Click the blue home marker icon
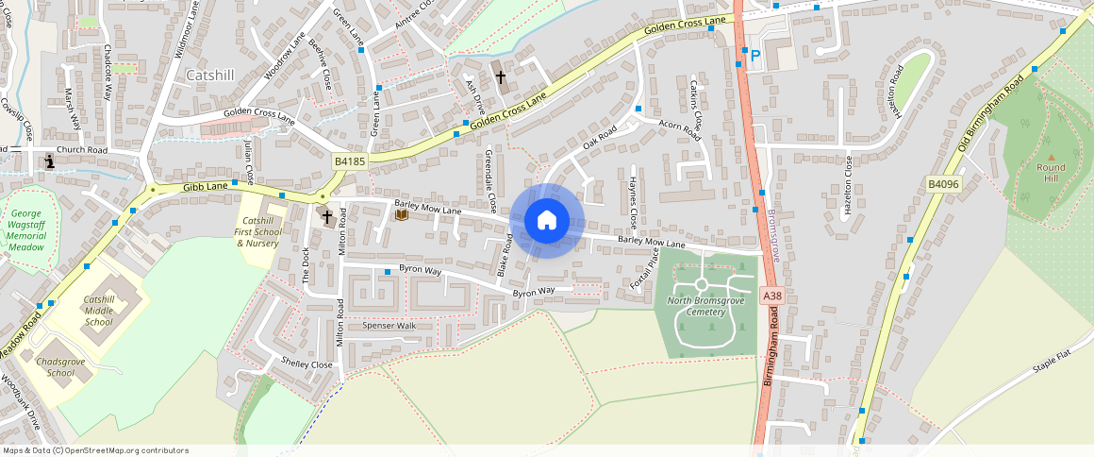(x=547, y=221)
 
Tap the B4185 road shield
(x=349, y=162)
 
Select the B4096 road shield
(x=942, y=184)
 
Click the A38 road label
(x=772, y=296)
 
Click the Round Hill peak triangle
(x=1051, y=156)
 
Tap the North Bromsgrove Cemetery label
(x=705, y=306)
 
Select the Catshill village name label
(x=211, y=75)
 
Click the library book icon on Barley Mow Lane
(x=402, y=215)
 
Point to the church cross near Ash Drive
(x=501, y=76)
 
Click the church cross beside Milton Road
(x=327, y=217)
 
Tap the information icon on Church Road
(x=50, y=162)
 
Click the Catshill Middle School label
(x=98, y=311)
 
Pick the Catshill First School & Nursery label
(x=257, y=231)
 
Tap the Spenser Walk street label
(x=390, y=326)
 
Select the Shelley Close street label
(x=307, y=364)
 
